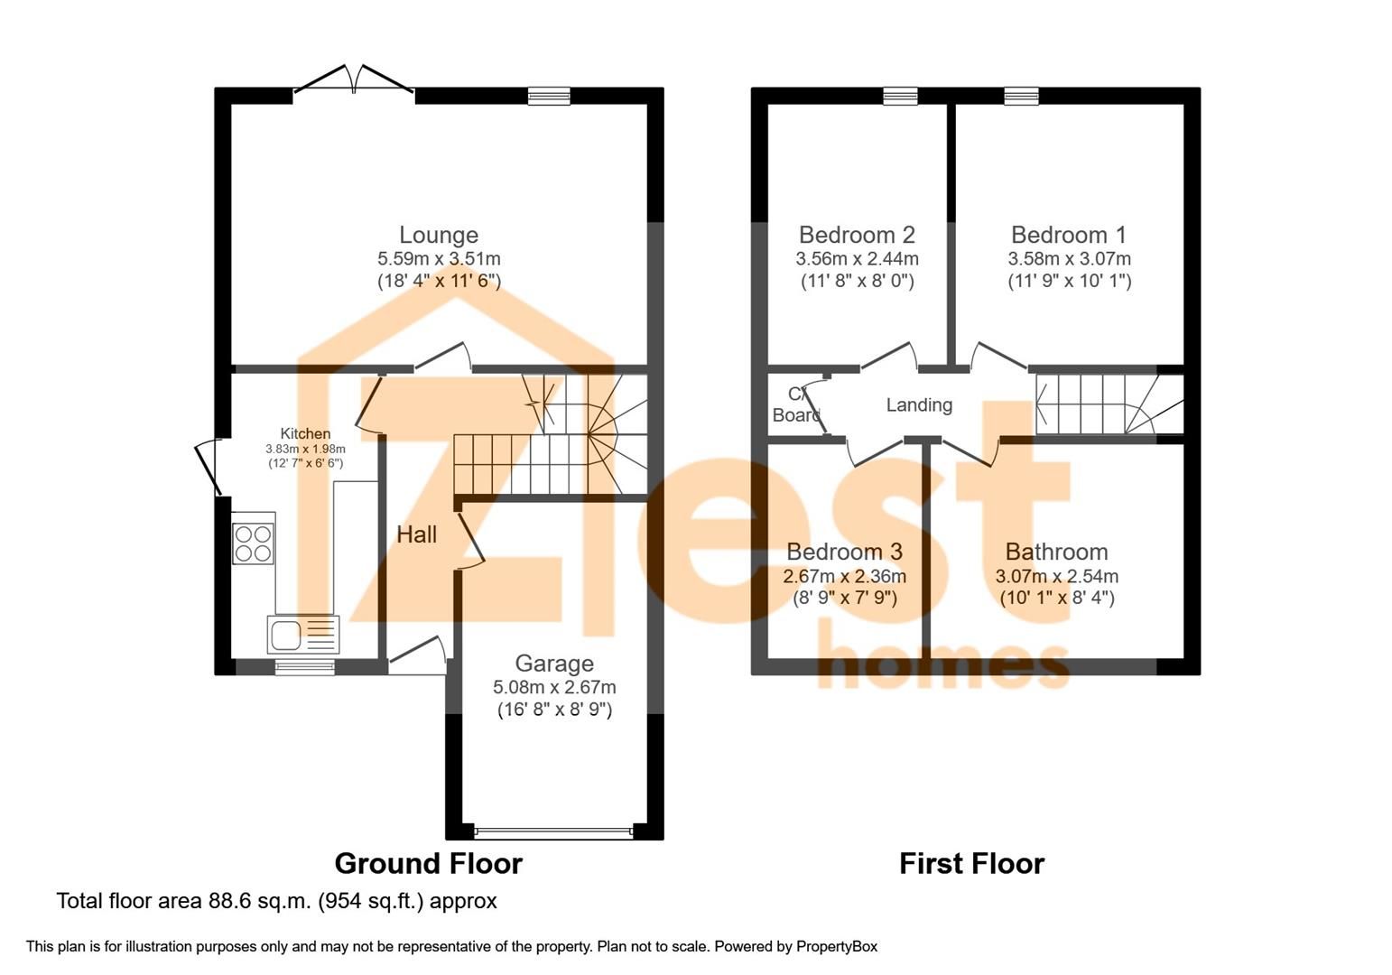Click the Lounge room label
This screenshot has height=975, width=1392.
tap(439, 235)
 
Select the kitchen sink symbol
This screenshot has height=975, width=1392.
tap(302, 634)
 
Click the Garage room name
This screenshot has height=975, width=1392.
tap(554, 664)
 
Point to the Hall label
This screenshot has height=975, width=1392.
tap(416, 534)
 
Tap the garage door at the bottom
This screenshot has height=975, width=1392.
tap(553, 831)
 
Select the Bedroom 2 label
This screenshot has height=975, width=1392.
tap(857, 235)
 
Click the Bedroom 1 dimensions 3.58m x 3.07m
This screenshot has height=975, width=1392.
tap(1069, 259)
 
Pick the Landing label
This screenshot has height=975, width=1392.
tap(918, 405)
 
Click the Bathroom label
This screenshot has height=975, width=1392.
tap(1056, 552)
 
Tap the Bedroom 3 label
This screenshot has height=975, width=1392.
tap(844, 552)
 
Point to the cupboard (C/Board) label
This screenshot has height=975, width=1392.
tap(796, 405)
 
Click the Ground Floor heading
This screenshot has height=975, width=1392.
tap(428, 864)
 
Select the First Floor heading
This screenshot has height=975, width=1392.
tap(971, 864)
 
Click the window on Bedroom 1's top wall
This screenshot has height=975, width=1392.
tap(1021, 96)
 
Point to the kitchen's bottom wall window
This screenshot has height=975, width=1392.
tap(304, 667)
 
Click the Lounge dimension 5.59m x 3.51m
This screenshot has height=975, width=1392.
tap(439, 259)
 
